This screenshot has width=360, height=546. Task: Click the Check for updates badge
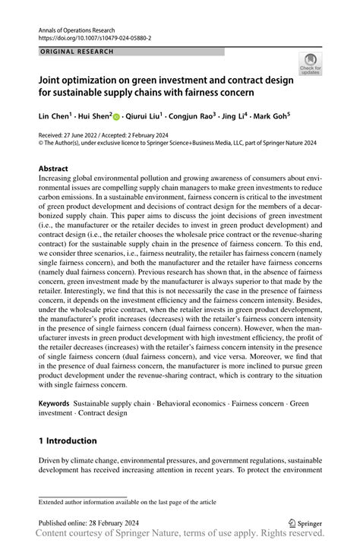pyautogui.click(x=310, y=65)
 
